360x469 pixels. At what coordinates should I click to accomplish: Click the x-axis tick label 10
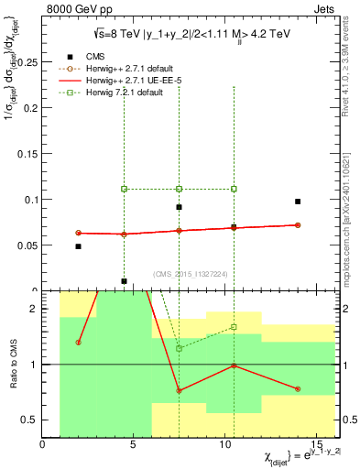coord(225,446)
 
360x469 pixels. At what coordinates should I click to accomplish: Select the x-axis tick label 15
coord(316,446)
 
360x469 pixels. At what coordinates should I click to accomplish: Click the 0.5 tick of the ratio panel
coord(29,420)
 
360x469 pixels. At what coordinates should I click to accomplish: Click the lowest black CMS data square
coord(124,281)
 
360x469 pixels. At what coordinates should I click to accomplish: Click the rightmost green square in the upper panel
coord(234,189)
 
